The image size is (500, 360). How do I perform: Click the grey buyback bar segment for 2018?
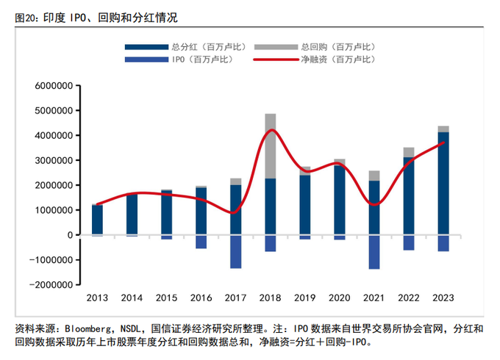pyautogui.click(x=271, y=146)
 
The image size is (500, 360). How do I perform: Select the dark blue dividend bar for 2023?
pyautogui.click(x=443, y=184)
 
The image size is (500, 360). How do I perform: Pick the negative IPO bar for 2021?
pyautogui.click(x=374, y=252)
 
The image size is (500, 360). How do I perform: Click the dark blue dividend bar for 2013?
pyautogui.click(x=98, y=220)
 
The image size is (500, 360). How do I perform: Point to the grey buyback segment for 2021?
pyautogui.click(x=374, y=176)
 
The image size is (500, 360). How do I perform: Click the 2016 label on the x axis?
pyautogui.click(x=201, y=298)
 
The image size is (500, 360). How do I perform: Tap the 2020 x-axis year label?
pyautogui.click(x=340, y=298)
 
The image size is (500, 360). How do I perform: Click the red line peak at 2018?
pyautogui.click(x=271, y=130)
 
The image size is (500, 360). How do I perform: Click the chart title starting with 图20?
pyautogui.click(x=96, y=16)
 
